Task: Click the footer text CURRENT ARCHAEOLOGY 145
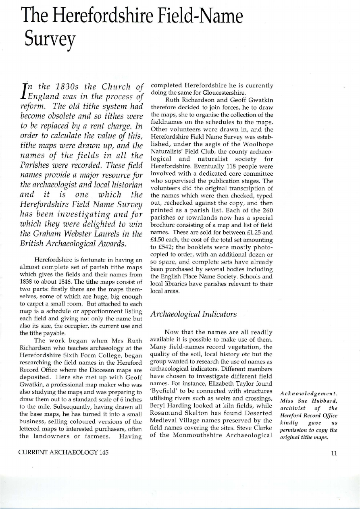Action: [x=62, y=453]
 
